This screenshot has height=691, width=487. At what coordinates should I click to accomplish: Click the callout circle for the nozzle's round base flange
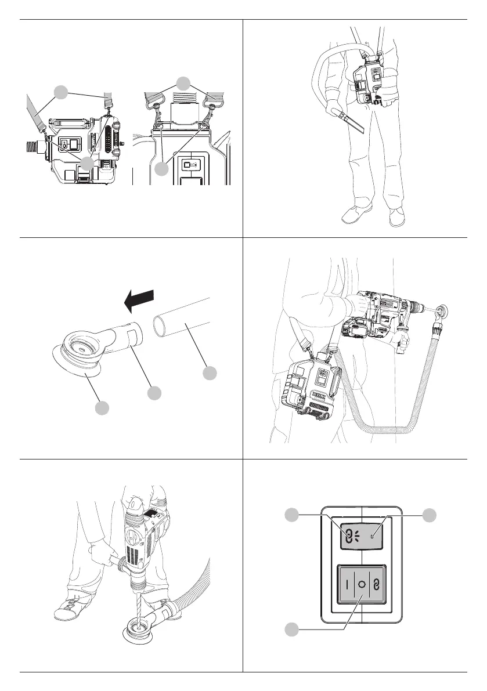click(101, 408)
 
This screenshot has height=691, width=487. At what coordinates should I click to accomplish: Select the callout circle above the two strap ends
click(183, 83)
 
